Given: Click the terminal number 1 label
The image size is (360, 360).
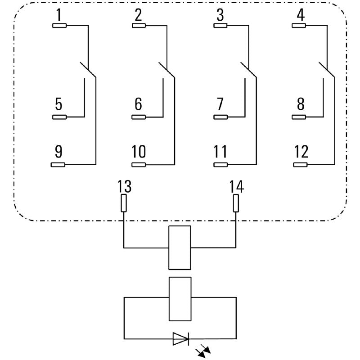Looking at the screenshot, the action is pos(59,15).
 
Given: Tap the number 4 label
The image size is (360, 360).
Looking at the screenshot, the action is pos(301,15).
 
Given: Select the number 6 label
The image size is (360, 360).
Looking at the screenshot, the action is pos(138,104).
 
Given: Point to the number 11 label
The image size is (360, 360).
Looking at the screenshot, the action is pos(220,152).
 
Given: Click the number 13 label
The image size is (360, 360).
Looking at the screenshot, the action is pos(124,186).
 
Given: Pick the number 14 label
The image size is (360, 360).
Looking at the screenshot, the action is pos(237,186).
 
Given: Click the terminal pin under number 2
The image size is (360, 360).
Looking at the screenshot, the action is pos(139,26).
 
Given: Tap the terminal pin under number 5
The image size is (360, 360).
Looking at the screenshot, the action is pos(59,117).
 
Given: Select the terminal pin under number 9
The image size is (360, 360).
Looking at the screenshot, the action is pos(58,165).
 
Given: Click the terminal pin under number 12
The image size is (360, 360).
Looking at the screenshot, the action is pos(300,165).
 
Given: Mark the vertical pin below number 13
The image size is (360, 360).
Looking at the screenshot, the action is pos(124,203).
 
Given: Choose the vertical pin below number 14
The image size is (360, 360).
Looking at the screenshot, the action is pos(236,203).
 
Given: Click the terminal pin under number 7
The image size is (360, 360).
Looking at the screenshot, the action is pos(220,117).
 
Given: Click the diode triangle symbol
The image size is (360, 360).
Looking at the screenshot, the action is pos(181,338).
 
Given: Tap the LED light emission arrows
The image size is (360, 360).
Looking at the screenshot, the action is pos(203,351).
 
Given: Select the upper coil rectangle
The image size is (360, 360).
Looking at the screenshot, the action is pos(180,247).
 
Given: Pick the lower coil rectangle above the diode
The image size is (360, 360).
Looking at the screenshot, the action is pos(180,299).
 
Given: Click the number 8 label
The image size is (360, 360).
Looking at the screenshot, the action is pos(301,104).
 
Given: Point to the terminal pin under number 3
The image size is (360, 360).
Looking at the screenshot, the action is pos(220,26).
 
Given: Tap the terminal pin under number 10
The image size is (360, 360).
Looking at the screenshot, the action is pos(139,165).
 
